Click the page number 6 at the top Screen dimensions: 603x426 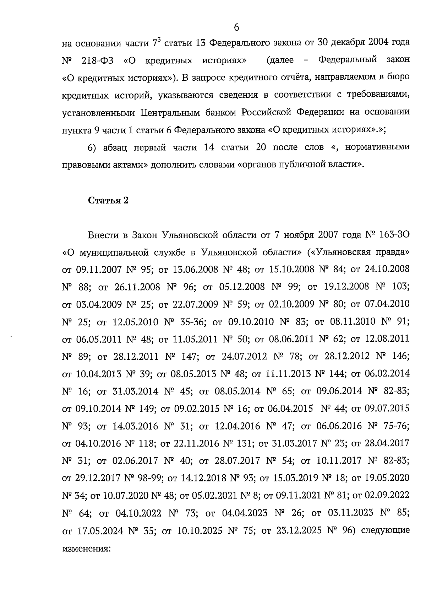click(236, 27)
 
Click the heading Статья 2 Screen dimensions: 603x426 click(108, 201)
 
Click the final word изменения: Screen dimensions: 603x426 click(87, 548)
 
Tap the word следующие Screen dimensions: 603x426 click(385, 531)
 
